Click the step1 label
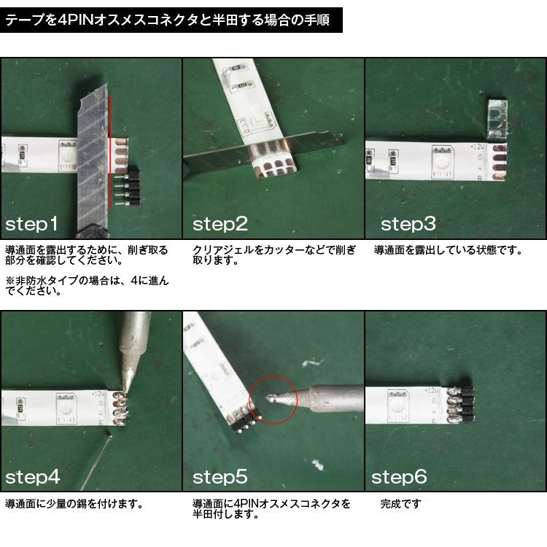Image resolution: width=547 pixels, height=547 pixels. tap(31, 224)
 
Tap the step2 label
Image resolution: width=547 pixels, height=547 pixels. tap(220, 224)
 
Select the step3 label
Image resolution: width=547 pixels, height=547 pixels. tap(408, 224)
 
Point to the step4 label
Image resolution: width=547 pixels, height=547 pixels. tap(32, 477)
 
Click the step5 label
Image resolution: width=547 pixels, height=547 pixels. tap(220, 477)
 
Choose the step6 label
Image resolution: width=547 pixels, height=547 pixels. tap(399, 477)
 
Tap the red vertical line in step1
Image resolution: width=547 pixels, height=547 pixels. tap(111, 152)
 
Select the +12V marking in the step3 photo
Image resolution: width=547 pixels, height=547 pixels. tap(478, 147)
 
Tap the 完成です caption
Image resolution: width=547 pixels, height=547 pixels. tap(400, 504)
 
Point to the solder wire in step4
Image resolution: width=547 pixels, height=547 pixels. tap(96, 460)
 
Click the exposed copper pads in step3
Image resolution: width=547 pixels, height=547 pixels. tap(500, 163)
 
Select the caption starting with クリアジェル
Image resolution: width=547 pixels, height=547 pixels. tap(274, 255)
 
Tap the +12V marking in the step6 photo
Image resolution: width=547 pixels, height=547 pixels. tap(432, 391)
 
